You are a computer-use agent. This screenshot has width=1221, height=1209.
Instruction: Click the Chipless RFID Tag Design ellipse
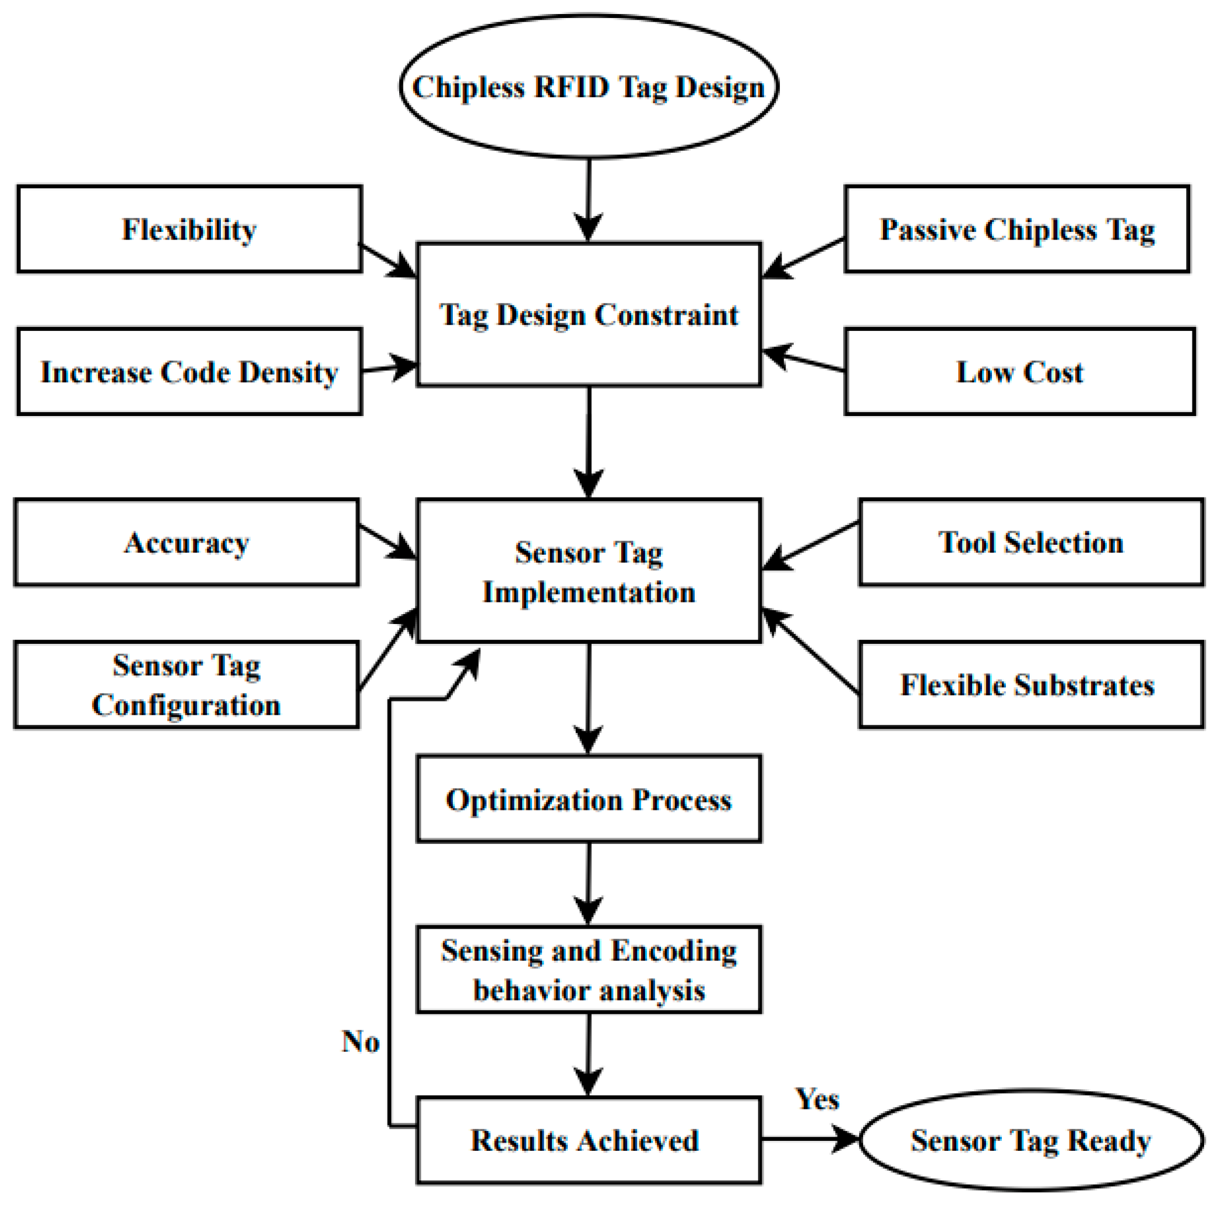click(x=589, y=87)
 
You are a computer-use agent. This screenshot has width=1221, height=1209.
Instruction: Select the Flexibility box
click(x=189, y=228)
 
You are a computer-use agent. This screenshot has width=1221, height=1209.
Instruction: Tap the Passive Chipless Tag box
click(x=1017, y=228)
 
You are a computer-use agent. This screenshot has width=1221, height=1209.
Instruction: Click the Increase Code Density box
click(x=189, y=371)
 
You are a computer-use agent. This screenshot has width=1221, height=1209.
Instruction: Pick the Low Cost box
click(x=1019, y=371)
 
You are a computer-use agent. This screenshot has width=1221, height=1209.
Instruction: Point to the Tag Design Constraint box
click(x=589, y=314)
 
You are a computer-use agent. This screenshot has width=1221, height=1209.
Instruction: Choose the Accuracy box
click(x=187, y=542)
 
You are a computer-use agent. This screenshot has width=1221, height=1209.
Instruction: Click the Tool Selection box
click(x=1031, y=542)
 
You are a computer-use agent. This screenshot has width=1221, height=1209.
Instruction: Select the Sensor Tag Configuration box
click(x=187, y=685)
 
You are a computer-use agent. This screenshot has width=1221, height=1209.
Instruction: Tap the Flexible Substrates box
click(x=1031, y=685)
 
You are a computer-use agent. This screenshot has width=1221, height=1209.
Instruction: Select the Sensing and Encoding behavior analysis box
click(x=589, y=970)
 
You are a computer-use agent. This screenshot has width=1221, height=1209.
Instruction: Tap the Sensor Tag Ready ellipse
click(x=1031, y=1140)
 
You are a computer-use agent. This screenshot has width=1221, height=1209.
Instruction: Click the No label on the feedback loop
click(x=360, y=1041)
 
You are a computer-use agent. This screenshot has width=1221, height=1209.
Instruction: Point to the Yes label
click(x=817, y=1099)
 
